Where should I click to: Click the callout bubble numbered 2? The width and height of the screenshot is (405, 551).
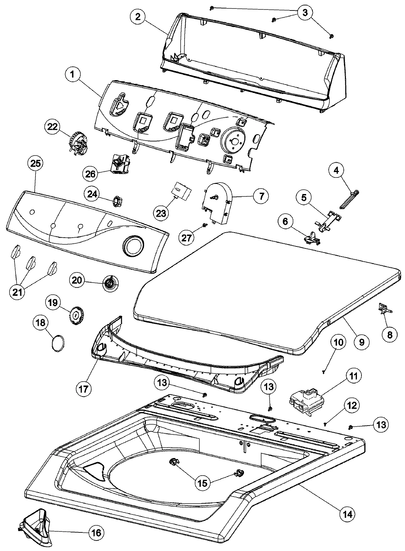[138, 17]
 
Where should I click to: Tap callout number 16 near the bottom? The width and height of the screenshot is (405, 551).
[96, 533]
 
